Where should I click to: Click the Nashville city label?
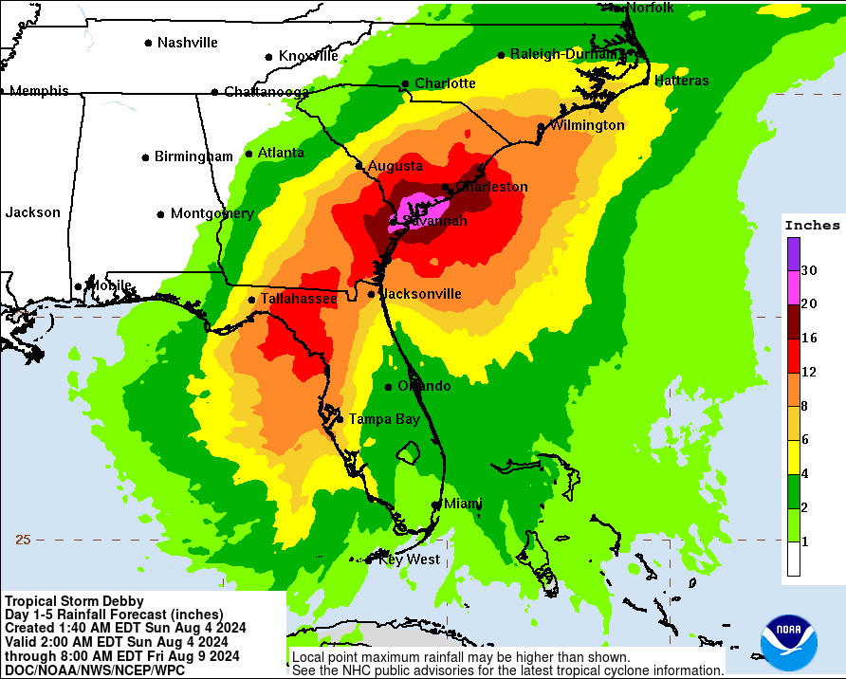click(187, 43)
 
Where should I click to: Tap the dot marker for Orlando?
click(389, 386)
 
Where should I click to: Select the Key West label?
click(409, 560)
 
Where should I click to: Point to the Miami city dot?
click(436, 505)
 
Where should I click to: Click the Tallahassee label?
click(299, 299)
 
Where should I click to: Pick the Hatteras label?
click(681, 81)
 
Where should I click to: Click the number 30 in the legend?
click(808, 270)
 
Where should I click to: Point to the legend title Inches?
click(812, 225)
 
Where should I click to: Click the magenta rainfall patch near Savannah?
click(418, 207)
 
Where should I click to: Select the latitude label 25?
click(23, 540)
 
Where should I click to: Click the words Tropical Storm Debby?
click(74, 601)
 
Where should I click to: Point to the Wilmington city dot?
click(542, 126)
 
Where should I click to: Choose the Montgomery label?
click(211, 214)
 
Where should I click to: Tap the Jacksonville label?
click(421, 294)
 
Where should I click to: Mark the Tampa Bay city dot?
click(340, 418)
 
